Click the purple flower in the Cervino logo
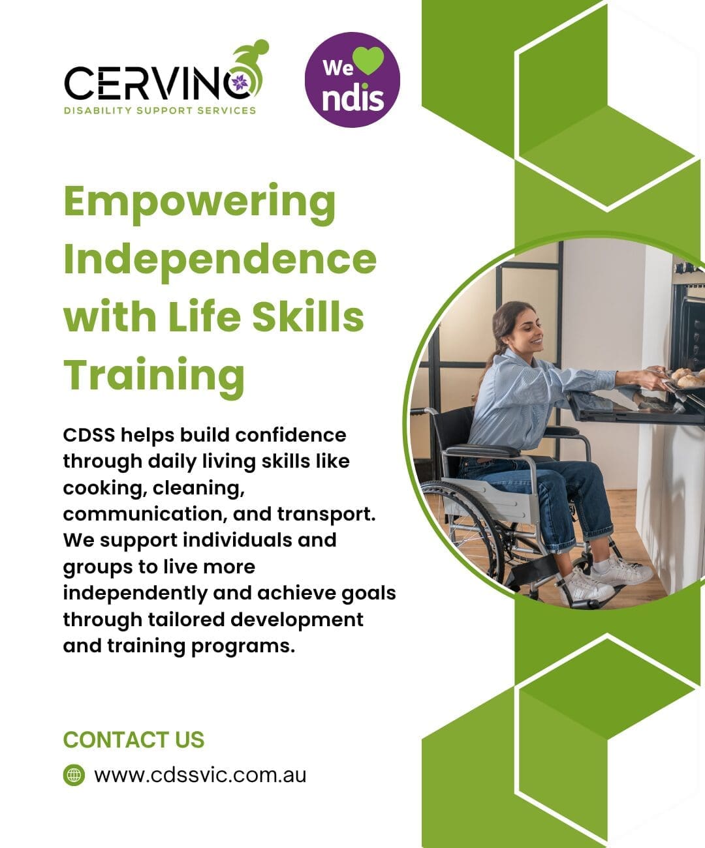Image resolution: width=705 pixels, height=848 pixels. (240, 83)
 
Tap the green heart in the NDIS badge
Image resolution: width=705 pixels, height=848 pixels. (368, 61)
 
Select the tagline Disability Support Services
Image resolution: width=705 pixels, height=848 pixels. (160, 110)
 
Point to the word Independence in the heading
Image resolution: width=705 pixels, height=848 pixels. (220, 260)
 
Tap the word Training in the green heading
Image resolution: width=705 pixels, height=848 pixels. (154, 376)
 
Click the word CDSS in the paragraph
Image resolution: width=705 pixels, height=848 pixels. (89, 435)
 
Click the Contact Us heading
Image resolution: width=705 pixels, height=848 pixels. (134, 740)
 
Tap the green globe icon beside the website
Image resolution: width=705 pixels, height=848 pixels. (74, 776)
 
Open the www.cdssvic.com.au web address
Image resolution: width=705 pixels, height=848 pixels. (200, 776)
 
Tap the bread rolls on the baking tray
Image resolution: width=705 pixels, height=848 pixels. (689, 378)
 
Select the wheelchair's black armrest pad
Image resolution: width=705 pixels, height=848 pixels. (483, 450)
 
